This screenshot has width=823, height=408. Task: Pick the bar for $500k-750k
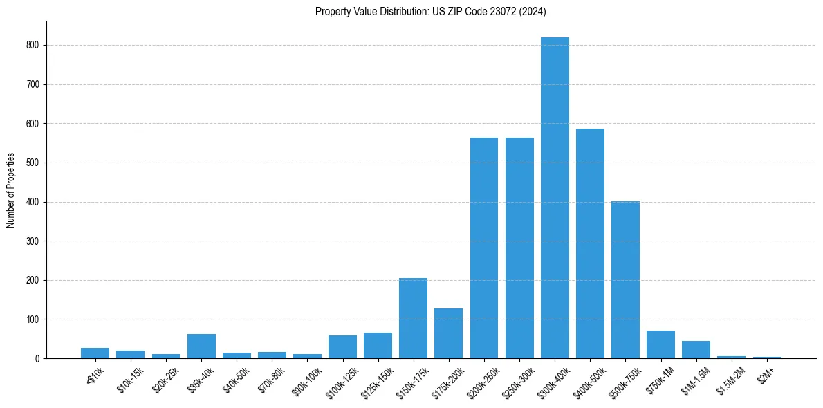click(x=625, y=280)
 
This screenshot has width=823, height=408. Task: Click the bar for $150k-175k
click(x=413, y=318)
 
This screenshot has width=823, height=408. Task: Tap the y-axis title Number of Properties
click(x=11, y=190)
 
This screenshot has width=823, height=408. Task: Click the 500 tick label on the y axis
click(x=33, y=163)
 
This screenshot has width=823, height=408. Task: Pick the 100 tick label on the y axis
click(x=33, y=319)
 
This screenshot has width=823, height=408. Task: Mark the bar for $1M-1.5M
click(x=696, y=349)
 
